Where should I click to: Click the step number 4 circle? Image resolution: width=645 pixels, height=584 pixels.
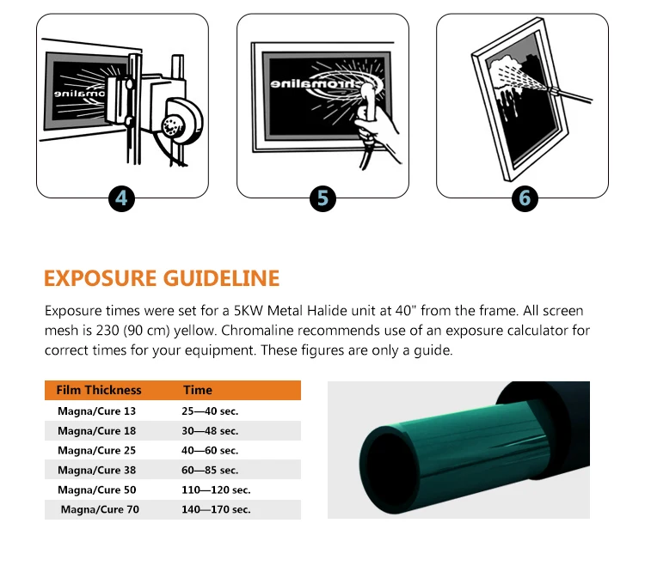pos(121,198)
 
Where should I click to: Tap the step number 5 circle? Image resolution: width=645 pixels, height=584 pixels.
pos(322,198)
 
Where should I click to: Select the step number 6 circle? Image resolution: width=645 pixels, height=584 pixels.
pos(524,198)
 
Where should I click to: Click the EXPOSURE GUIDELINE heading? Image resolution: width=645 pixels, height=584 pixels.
pos(162,278)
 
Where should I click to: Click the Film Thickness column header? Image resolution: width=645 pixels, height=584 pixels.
pos(99,390)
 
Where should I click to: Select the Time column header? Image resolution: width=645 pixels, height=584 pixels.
pos(198,390)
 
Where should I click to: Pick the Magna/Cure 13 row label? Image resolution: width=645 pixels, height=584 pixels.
pos(96,411)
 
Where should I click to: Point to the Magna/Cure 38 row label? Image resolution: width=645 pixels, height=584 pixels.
pos(96,470)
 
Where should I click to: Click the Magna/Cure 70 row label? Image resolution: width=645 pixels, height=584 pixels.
pos(100,509)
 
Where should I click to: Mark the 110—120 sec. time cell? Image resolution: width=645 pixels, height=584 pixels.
pos(216,490)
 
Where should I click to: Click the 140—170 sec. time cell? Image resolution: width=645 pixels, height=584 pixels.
pos(216,509)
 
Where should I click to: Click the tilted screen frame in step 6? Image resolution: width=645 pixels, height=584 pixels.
pos(516,103)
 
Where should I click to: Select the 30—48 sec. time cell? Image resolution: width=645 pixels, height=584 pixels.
pos(210,431)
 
